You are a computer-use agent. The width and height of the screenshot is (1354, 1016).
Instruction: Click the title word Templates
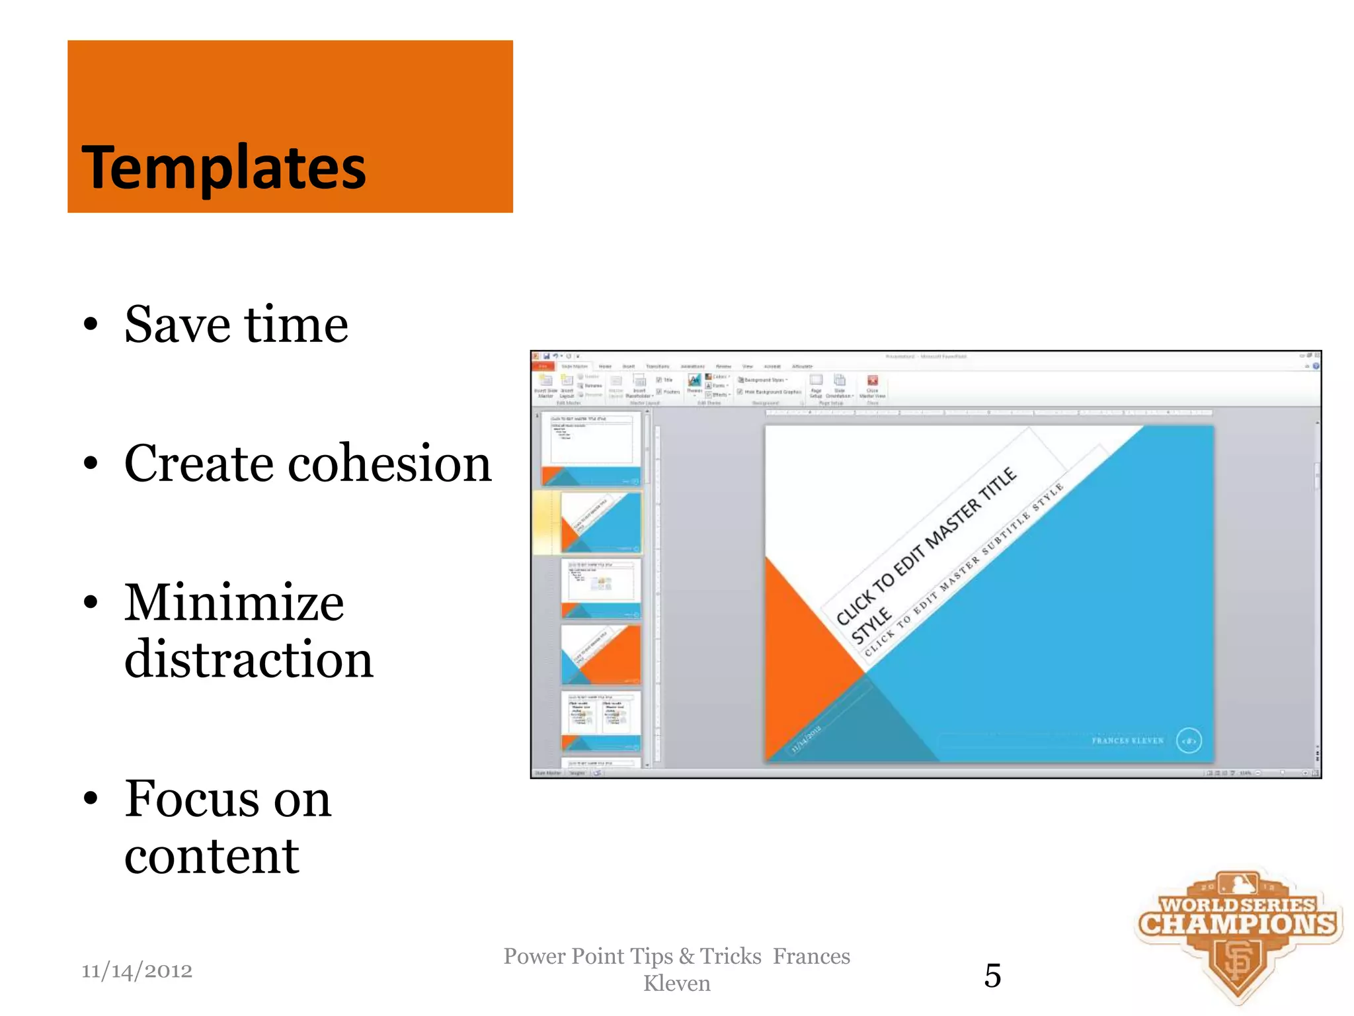point(223,167)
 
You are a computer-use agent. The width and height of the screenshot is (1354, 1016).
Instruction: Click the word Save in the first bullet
point(177,325)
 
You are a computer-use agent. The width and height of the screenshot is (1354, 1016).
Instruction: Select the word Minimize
point(234,603)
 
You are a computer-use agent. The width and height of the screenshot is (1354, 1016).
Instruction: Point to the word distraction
point(249,659)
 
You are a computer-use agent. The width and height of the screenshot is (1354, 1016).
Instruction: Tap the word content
point(212,856)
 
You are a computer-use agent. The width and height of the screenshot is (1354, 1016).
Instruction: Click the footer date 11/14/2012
point(137,971)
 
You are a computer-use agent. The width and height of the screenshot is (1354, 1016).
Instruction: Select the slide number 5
point(992,976)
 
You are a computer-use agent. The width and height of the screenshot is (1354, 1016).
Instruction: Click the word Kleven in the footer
point(676,984)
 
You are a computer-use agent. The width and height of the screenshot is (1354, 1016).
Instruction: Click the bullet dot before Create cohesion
point(91,464)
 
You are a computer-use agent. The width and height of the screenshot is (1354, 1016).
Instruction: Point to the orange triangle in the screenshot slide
point(803,648)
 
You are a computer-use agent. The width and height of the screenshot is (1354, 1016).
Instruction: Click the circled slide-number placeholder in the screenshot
point(1189,741)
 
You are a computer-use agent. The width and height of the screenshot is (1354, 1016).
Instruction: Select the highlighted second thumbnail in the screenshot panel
point(600,523)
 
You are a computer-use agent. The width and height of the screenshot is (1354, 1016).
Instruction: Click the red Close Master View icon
point(873,380)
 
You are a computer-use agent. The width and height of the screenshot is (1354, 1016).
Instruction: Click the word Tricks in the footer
point(731,956)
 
